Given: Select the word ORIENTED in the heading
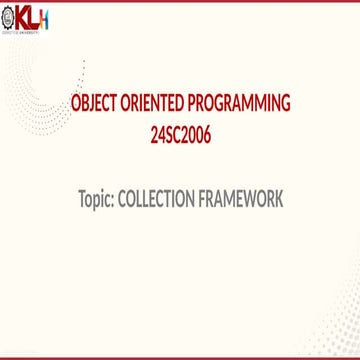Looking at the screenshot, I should pyautogui.click(x=153, y=103).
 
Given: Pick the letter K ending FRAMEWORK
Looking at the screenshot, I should pyautogui.click(x=278, y=200).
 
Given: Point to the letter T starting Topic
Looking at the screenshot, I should pyautogui.click(x=81, y=200).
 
